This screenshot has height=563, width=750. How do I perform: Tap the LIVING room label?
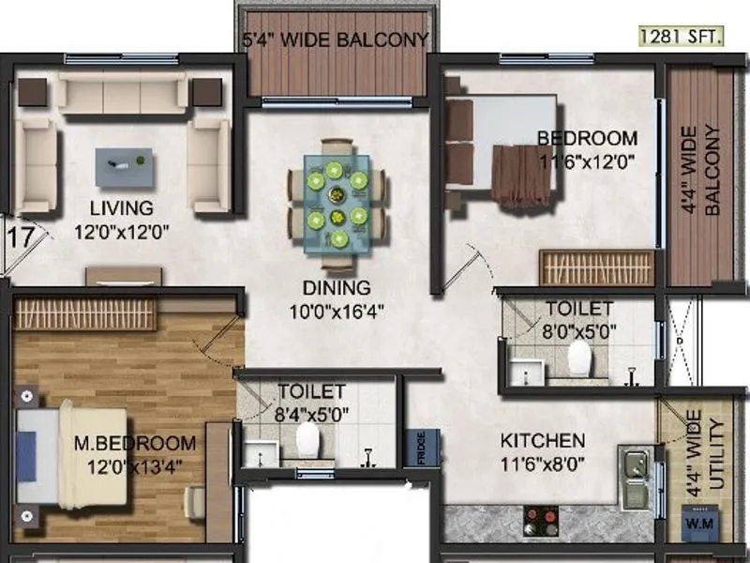pos(122,206)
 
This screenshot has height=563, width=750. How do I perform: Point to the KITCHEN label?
pos(543,440)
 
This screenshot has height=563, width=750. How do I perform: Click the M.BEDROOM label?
pos(135,443)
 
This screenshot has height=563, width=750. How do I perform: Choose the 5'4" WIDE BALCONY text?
pos(337,40)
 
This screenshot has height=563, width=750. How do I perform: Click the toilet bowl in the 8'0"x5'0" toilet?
pos(580,358)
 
